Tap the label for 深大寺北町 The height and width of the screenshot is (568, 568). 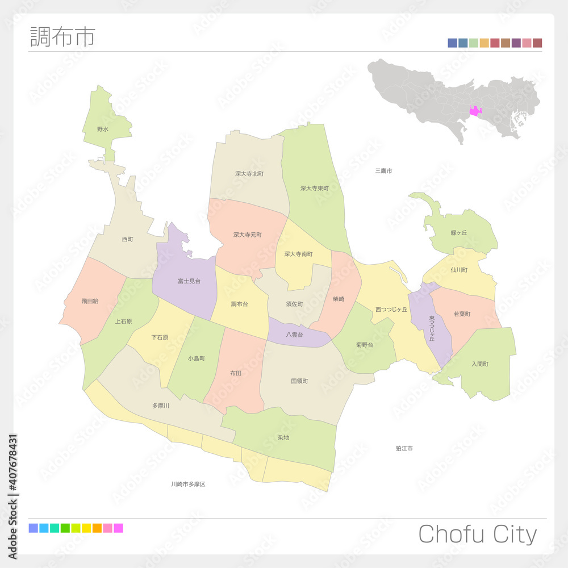249,174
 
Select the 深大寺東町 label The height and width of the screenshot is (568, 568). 315,188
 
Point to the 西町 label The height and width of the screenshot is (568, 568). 127,240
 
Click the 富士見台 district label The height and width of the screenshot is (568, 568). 189,281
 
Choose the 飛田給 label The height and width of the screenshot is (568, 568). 90,301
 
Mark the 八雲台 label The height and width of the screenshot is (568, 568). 294,335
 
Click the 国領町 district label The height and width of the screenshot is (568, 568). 299,381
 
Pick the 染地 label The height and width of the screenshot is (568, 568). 283,437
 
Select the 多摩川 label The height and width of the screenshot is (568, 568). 161,406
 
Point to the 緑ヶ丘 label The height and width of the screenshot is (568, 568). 458,233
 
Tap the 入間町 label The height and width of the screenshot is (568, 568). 479,364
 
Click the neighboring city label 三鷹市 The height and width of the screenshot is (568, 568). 383,171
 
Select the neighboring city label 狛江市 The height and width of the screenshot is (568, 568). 404,449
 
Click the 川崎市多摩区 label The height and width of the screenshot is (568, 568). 188,485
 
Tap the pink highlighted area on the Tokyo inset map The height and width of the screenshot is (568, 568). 475,111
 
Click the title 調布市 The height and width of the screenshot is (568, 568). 62,36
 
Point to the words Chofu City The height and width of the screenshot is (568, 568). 477,534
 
